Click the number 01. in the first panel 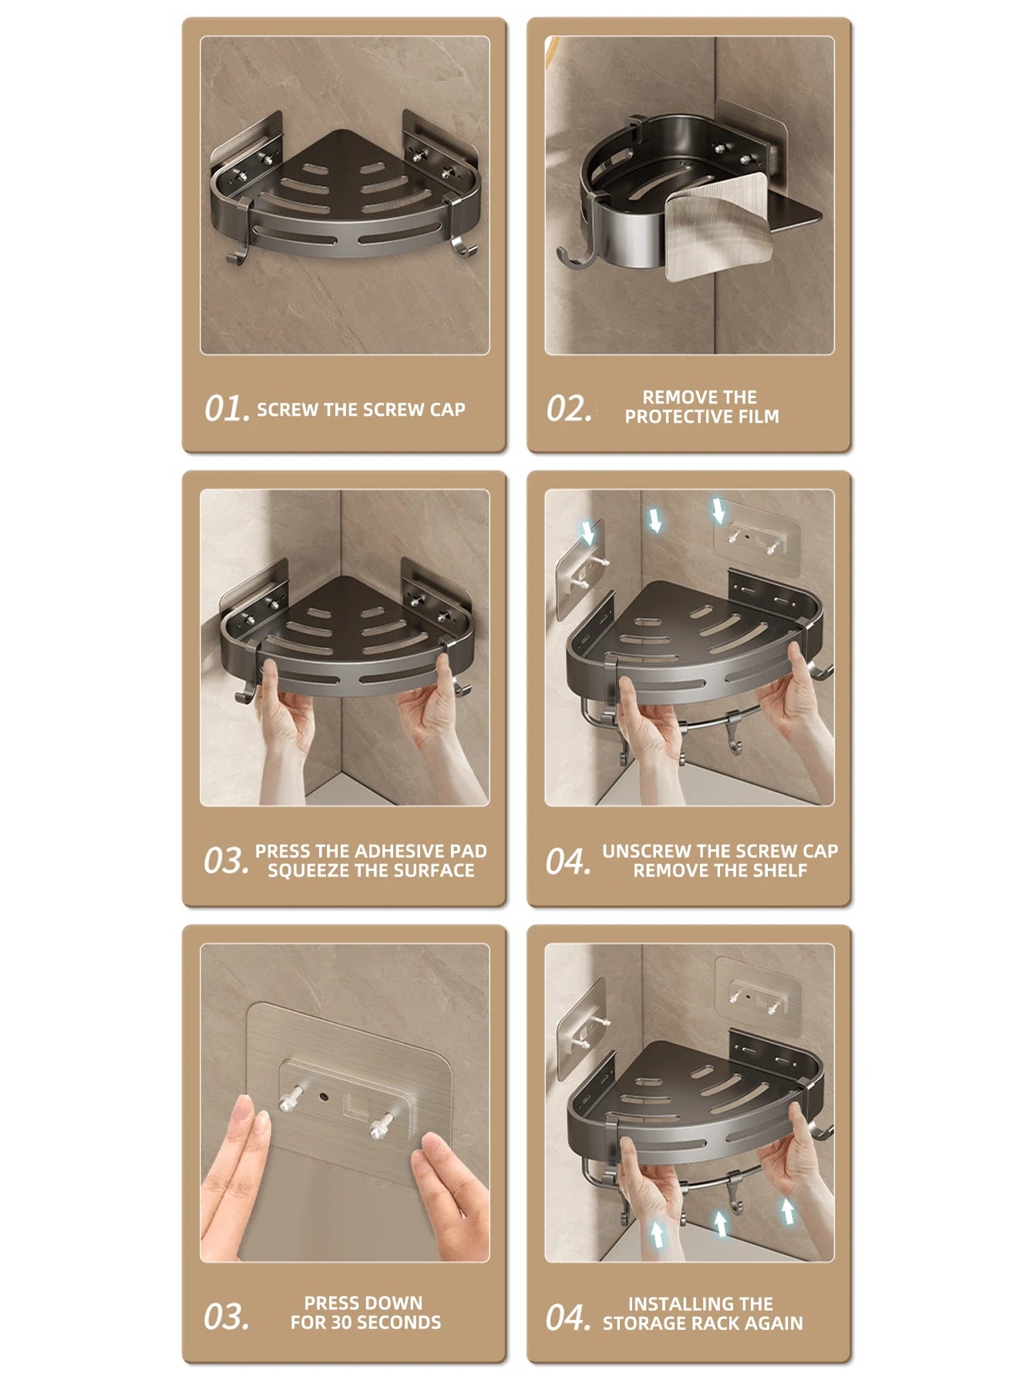[227, 409]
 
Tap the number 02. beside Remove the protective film [569, 408]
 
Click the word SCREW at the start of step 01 [288, 410]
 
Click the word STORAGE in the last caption [643, 1324]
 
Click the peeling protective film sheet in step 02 [717, 228]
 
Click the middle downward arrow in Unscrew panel [655, 519]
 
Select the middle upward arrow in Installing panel [719, 1223]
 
